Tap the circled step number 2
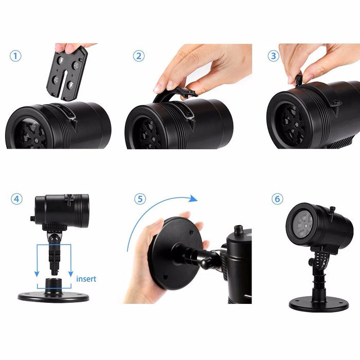(x=139, y=56)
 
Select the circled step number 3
(x=273, y=56)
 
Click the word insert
(x=86, y=279)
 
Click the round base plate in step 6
(x=311, y=304)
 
